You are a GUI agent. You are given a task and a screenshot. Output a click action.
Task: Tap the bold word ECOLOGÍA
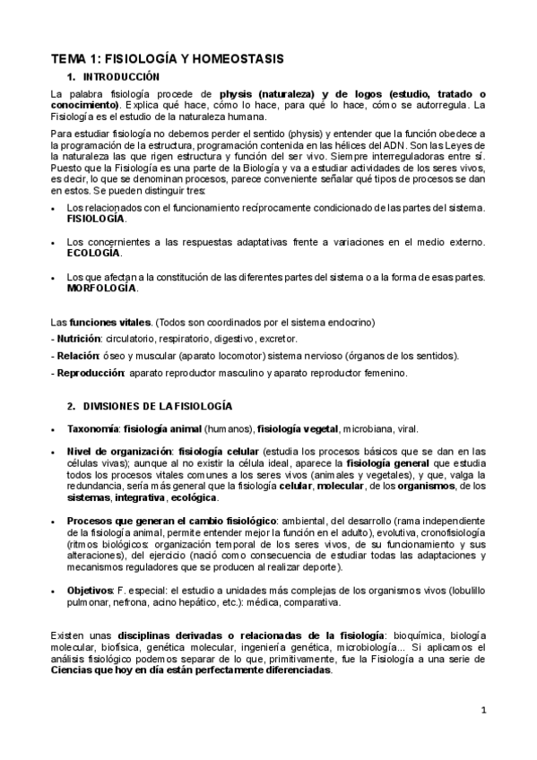(x=93, y=253)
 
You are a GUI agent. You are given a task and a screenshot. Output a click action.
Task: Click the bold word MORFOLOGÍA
(x=102, y=288)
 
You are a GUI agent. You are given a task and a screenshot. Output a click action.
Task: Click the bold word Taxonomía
(x=93, y=428)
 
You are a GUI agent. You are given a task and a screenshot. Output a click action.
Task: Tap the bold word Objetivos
(x=89, y=590)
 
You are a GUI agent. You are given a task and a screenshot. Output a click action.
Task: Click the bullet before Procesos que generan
(x=56, y=521)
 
